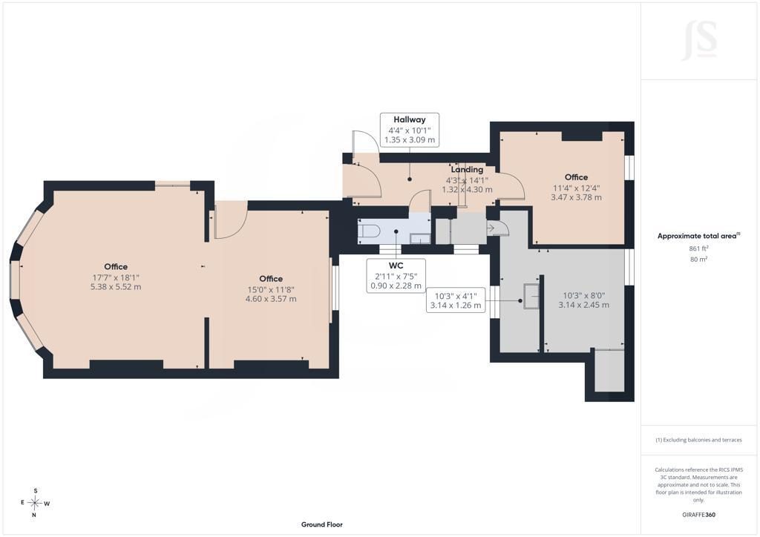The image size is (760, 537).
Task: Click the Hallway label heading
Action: [x=410, y=119]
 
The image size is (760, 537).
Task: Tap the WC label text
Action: [x=396, y=266]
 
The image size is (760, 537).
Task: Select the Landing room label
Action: [x=467, y=169]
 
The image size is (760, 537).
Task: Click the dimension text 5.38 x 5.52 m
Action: [x=116, y=286]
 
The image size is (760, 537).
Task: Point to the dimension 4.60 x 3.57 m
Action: [x=271, y=299]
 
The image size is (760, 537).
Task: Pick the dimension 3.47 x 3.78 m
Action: [x=576, y=197]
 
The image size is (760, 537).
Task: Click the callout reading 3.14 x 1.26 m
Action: [x=456, y=306]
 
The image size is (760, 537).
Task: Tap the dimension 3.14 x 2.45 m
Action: [x=584, y=305]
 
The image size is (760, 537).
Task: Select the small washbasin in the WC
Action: [x=420, y=238]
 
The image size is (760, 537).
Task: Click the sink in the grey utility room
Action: [x=531, y=296]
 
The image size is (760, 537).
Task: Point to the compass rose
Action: [x=36, y=503]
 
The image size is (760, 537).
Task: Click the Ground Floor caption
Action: [x=322, y=524]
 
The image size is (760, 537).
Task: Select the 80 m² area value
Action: [x=698, y=259]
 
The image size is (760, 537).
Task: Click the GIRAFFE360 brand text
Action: [x=698, y=515]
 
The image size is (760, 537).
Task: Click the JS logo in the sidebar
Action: [x=699, y=40]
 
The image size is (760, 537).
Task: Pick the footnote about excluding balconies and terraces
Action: [x=698, y=440]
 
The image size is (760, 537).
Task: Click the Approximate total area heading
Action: [x=698, y=237]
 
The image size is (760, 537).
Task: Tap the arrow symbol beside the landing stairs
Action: [x=491, y=228]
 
